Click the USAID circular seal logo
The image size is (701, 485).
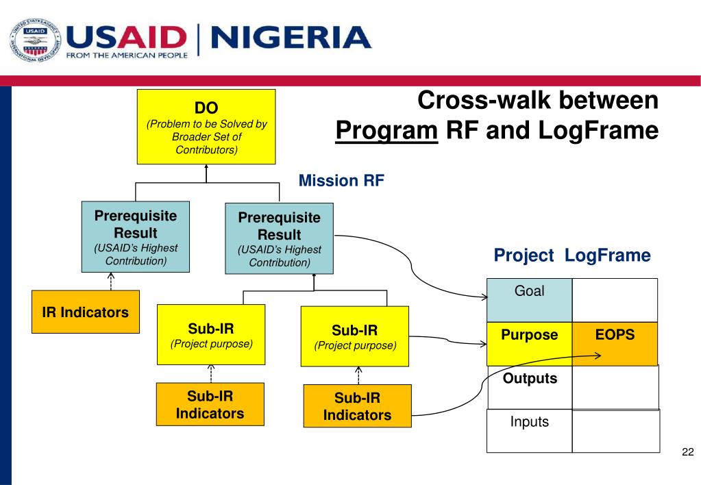33,40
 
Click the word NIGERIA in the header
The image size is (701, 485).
291,38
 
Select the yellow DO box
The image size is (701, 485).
206,127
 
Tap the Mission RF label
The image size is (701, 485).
341,181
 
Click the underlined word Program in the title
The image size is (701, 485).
386,130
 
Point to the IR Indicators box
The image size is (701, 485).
86,312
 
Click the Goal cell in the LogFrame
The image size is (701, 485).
529,300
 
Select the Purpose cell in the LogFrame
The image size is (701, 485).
529,343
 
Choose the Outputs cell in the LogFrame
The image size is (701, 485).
530,386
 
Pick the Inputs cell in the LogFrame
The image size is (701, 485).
529,431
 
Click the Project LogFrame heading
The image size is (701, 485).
572,256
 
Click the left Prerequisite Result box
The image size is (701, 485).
136,237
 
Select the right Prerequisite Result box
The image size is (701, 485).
280,239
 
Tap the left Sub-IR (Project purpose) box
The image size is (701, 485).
211,335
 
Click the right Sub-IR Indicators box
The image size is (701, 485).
357,406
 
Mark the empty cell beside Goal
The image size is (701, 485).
615,300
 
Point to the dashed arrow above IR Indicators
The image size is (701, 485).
111,281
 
